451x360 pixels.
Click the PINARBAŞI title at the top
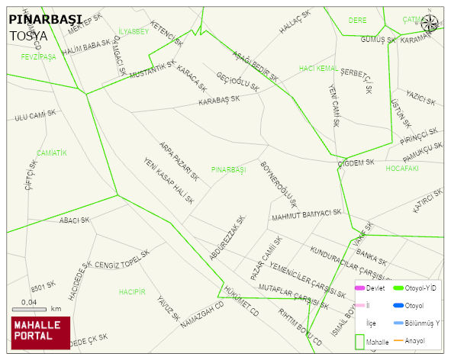click(x=47, y=19)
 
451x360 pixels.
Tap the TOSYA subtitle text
click(x=28, y=35)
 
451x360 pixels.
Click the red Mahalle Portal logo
click(x=40, y=332)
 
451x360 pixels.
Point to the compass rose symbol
click(x=431, y=24)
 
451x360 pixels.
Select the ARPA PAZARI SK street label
click(x=179, y=160)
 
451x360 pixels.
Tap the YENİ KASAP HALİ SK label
click(x=169, y=181)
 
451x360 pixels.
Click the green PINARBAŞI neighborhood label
click(x=229, y=169)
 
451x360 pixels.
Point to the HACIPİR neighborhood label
click(x=132, y=292)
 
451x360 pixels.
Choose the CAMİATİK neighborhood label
click(x=52, y=153)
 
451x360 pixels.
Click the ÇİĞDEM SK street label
click(x=356, y=162)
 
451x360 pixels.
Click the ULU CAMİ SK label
click(x=35, y=115)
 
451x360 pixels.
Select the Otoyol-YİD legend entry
click(x=420, y=288)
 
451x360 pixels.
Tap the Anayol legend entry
click(x=415, y=340)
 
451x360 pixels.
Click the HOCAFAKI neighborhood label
click(x=402, y=168)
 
